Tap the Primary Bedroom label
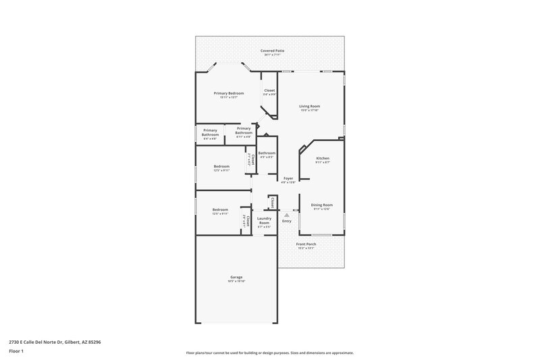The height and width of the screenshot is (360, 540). pyautogui.click(x=228, y=93)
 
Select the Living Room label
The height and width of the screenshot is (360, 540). pyautogui.click(x=310, y=106)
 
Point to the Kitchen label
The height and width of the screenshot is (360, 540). pyautogui.click(x=323, y=158)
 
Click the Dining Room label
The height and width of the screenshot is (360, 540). pyautogui.click(x=322, y=205)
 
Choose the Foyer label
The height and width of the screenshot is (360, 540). pyautogui.click(x=288, y=178)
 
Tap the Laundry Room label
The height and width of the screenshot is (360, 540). pyautogui.click(x=264, y=220)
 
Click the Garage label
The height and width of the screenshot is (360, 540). pyautogui.click(x=236, y=277)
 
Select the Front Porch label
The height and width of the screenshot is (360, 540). pyautogui.click(x=306, y=244)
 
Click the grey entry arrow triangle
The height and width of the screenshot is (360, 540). pyautogui.click(x=286, y=215)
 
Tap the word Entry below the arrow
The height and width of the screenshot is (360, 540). pyautogui.click(x=287, y=221)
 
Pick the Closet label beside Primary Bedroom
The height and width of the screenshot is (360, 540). pyautogui.click(x=269, y=91)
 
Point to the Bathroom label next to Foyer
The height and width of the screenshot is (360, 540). pyautogui.click(x=267, y=153)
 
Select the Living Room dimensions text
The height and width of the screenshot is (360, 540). pyautogui.click(x=310, y=110)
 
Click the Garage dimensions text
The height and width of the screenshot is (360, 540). pyautogui.click(x=236, y=281)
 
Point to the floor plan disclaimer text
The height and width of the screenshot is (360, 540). pyautogui.click(x=269, y=353)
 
